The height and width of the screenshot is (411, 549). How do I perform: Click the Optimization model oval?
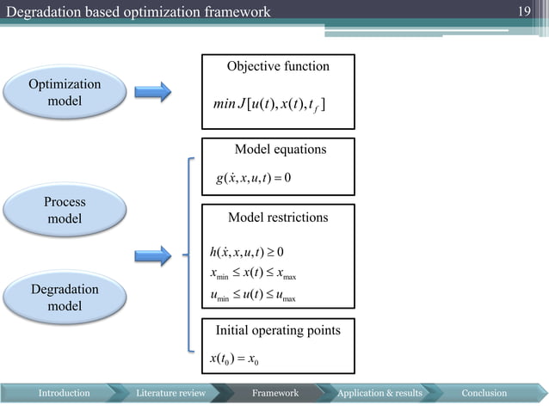coord(65,93)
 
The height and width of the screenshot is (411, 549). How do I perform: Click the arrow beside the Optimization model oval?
coord(153,93)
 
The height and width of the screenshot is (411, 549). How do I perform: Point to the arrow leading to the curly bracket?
coord(153,255)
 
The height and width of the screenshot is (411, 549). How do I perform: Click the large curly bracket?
coord(187,255)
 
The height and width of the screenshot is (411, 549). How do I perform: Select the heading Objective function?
coord(277,66)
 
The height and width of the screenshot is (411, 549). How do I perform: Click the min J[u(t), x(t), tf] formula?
coord(268,105)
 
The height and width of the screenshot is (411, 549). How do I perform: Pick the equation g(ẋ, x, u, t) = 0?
coord(256,179)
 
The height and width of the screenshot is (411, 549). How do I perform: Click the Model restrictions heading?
coord(277,218)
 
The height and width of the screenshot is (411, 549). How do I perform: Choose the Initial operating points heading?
coord(277,330)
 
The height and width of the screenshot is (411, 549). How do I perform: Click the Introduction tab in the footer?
coord(64,393)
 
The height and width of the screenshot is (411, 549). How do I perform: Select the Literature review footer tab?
coord(170,393)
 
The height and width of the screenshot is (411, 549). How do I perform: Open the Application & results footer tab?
coord(379,393)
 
